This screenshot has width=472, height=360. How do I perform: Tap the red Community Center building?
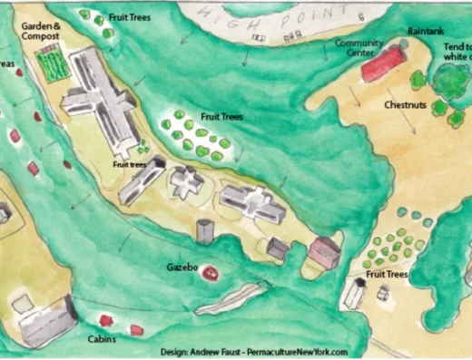[x=383, y=65]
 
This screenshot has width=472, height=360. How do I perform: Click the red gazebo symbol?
[x=210, y=271]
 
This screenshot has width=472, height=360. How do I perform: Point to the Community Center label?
[x=356, y=47]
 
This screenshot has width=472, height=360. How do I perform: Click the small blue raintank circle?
[x=404, y=43]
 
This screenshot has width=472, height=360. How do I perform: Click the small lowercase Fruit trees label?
[x=130, y=165]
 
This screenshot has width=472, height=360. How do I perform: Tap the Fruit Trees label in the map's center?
[x=222, y=118]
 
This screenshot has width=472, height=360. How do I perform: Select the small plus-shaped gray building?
[x=189, y=181]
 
